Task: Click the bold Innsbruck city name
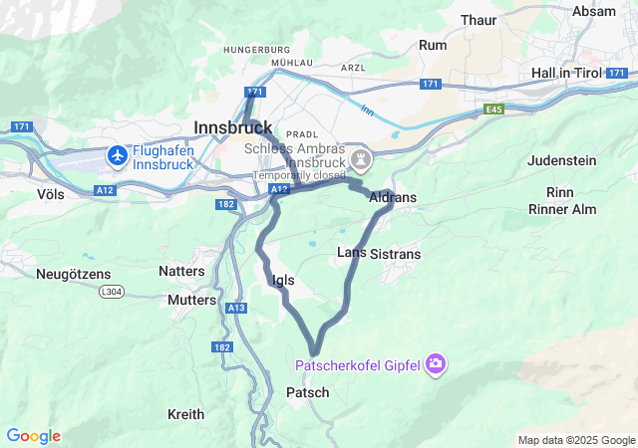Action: pos(232,127)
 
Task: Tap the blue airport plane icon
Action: pos(118,155)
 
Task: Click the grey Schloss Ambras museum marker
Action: pos(360,159)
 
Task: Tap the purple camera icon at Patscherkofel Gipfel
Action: pos(435,364)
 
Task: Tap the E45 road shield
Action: pos(494,109)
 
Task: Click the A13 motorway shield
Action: pos(236,309)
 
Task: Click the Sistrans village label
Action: pos(395,254)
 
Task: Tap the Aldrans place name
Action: pos(393,198)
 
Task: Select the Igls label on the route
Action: pos(283,281)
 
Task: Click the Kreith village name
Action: pos(185,414)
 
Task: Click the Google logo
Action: pos(33,436)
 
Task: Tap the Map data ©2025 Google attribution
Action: pos(575,440)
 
